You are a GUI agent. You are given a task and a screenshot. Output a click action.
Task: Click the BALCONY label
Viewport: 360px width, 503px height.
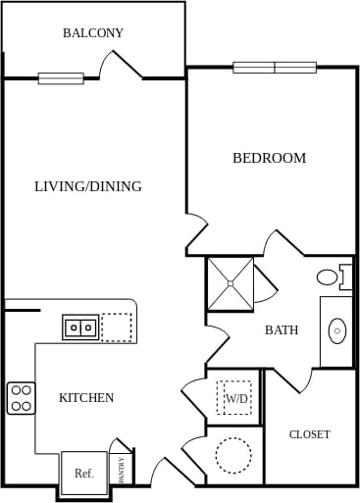click(x=93, y=33)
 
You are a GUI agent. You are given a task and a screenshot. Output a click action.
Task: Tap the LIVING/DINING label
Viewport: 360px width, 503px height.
click(x=88, y=186)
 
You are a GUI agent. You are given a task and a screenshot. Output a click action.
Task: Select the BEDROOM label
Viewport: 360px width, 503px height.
click(x=269, y=158)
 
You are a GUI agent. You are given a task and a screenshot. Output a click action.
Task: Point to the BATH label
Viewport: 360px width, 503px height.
click(x=282, y=330)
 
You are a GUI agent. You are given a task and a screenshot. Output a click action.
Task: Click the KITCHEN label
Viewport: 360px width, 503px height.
click(x=86, y=398)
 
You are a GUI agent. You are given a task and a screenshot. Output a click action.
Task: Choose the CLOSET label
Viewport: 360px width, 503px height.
click(x=309, y=434)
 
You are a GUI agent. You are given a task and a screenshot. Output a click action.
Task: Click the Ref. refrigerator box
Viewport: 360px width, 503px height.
click(x=83, y=473)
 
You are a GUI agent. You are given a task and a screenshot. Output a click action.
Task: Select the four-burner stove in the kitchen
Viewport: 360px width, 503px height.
click(x=22, y=397)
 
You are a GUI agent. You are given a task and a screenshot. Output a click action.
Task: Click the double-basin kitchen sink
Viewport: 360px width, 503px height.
click(x=80, y=327)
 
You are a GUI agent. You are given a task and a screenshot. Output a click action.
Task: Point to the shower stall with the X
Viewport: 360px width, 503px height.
click(x=230, y=282)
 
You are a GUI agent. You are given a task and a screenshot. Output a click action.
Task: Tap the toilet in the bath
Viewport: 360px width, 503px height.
click(x=333, y=277)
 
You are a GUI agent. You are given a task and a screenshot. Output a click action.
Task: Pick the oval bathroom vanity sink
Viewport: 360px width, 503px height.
click(x=337, y=330)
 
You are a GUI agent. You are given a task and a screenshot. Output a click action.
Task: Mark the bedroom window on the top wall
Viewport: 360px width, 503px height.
click(x=275, y=68)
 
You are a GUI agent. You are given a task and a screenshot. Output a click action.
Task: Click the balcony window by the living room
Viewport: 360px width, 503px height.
click(x=61, y=78)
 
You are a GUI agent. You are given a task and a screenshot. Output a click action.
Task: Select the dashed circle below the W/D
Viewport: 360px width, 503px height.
click(x=233, y=455)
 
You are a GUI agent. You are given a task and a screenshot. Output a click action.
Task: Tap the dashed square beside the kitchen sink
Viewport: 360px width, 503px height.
click(x=117, y=327)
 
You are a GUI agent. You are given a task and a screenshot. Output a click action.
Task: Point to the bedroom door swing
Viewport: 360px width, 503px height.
click(x=197, y=235)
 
